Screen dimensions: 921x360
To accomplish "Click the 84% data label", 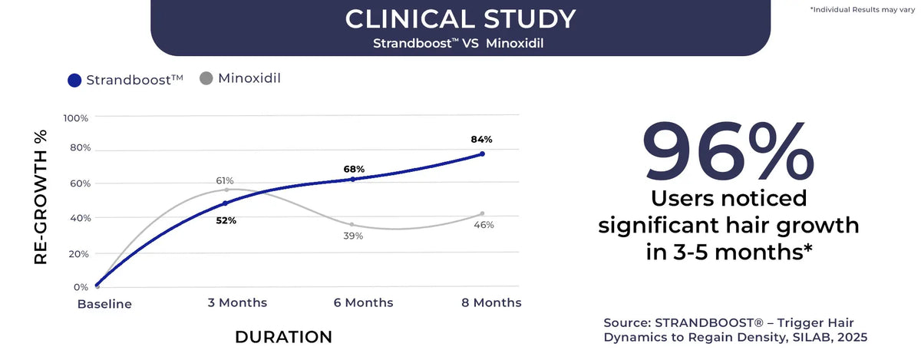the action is coord(481,140).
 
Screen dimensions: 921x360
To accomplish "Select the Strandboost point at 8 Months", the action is coord(482,154).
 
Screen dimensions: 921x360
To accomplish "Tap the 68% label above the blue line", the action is coord(354,169).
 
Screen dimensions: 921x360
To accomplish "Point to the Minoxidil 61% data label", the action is coord(224,180).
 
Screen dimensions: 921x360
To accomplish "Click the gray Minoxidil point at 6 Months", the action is coord(352,225).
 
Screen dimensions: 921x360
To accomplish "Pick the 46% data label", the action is coord(484,225).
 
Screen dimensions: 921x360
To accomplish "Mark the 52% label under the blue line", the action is coord(226,220).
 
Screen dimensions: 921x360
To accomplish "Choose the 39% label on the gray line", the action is coord(353,236).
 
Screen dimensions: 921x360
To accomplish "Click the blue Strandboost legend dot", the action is coord(74,81).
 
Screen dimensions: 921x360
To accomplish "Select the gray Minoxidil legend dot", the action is coord(206,78).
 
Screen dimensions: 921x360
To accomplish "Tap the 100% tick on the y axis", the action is coord(76,118).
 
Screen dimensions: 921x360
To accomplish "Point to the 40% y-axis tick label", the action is coord(80,218).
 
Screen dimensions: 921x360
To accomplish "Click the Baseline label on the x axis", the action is coord(104,304).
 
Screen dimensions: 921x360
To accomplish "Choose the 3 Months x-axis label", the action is coord(237,302).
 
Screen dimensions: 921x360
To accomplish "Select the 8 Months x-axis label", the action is coord(491,302).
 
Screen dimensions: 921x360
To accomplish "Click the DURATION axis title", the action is coord(284,338).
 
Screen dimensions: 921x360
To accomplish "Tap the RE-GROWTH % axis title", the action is coord(41,197).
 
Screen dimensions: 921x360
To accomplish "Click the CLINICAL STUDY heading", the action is coord(460,19).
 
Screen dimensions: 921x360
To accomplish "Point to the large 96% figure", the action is coord(728,151).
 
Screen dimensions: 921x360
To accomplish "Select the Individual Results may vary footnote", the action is coord(863,9).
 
